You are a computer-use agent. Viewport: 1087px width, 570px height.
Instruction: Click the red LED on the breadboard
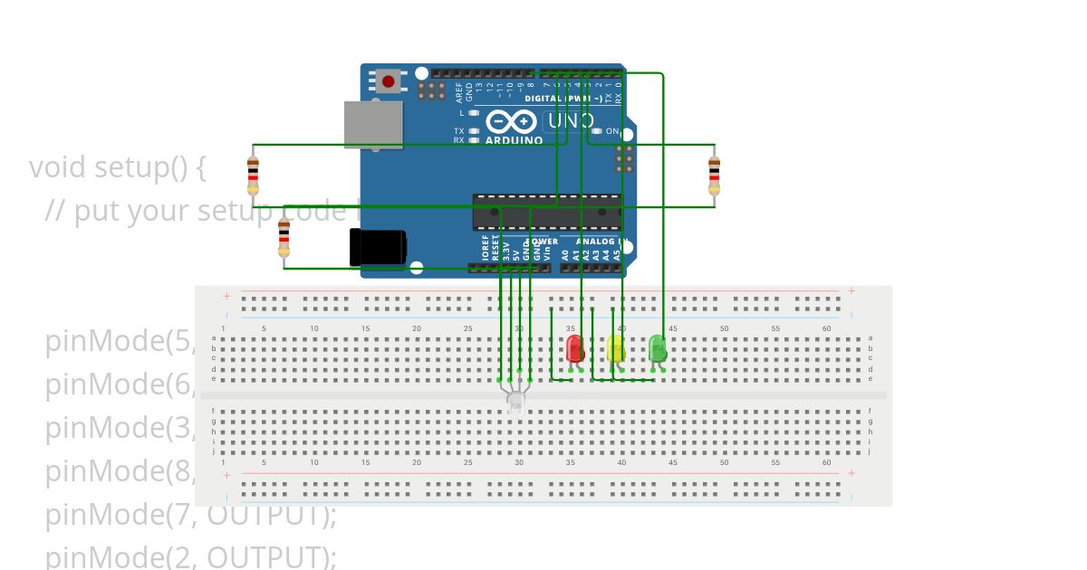coord(574,349)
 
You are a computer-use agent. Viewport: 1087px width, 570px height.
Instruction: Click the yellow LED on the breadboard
coord(615,349)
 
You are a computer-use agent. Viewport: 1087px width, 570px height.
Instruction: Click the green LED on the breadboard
coord(658,347)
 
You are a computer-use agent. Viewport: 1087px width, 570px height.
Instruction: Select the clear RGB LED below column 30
coord(515,401)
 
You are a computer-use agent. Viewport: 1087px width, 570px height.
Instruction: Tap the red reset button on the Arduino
coord(389,81)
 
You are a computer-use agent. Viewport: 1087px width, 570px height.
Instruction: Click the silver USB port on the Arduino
coord(372,124)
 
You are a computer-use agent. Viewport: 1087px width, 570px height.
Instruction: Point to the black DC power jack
coord(378,247)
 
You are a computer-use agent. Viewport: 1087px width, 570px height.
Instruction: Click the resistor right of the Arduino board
coord(714,175)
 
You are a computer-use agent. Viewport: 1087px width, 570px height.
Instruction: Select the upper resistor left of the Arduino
coord(253,175)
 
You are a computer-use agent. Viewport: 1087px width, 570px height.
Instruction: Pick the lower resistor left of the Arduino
coord(284,238)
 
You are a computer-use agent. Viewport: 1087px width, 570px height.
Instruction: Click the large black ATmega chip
coord(547,212)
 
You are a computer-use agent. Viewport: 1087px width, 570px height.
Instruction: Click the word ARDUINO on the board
coord(514,140)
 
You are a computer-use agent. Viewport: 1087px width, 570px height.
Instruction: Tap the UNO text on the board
coord(571,120)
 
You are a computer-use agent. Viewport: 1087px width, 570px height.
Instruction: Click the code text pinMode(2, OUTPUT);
coord(190,556)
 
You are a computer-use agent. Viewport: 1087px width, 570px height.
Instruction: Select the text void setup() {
coord(118,167)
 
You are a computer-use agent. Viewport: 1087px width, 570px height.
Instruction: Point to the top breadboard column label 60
coord(826,328)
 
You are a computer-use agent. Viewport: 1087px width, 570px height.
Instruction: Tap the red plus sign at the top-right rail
coord(851,290)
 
